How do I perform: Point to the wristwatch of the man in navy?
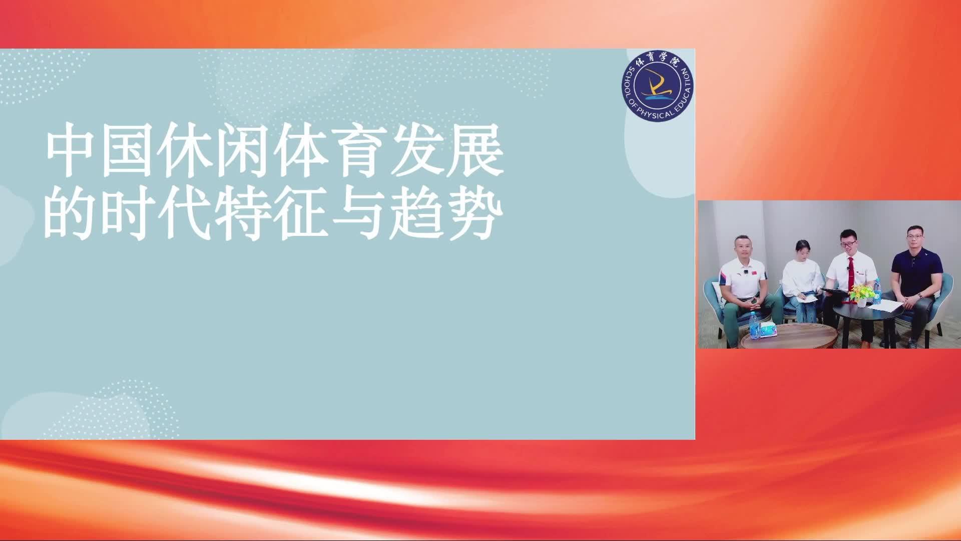(920, 296)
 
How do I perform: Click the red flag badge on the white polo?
(745, 272)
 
